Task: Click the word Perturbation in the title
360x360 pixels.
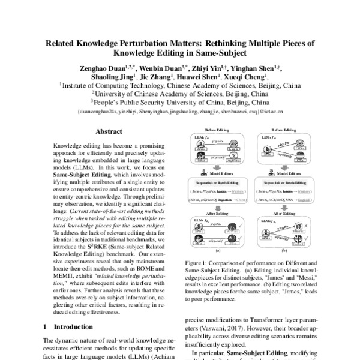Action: click(180, 44)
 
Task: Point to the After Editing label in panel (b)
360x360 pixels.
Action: click(284, 212)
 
